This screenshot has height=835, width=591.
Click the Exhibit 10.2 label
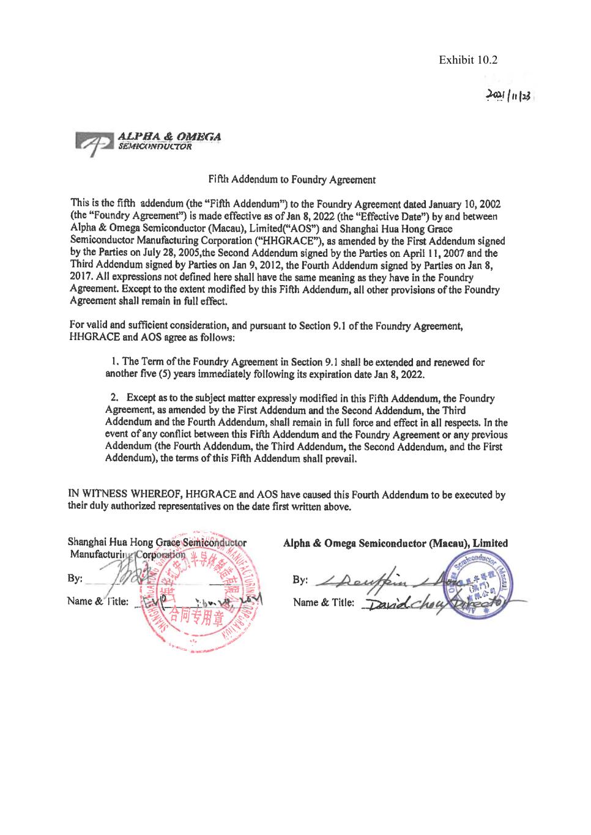tap(468, 60)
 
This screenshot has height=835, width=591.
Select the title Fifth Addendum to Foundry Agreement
tap(292, 180)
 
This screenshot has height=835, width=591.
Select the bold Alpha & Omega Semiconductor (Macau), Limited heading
tap(395, 543)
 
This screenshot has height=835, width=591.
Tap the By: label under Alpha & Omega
tap(300, 580)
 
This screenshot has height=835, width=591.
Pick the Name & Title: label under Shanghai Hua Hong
tap(98, 601)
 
